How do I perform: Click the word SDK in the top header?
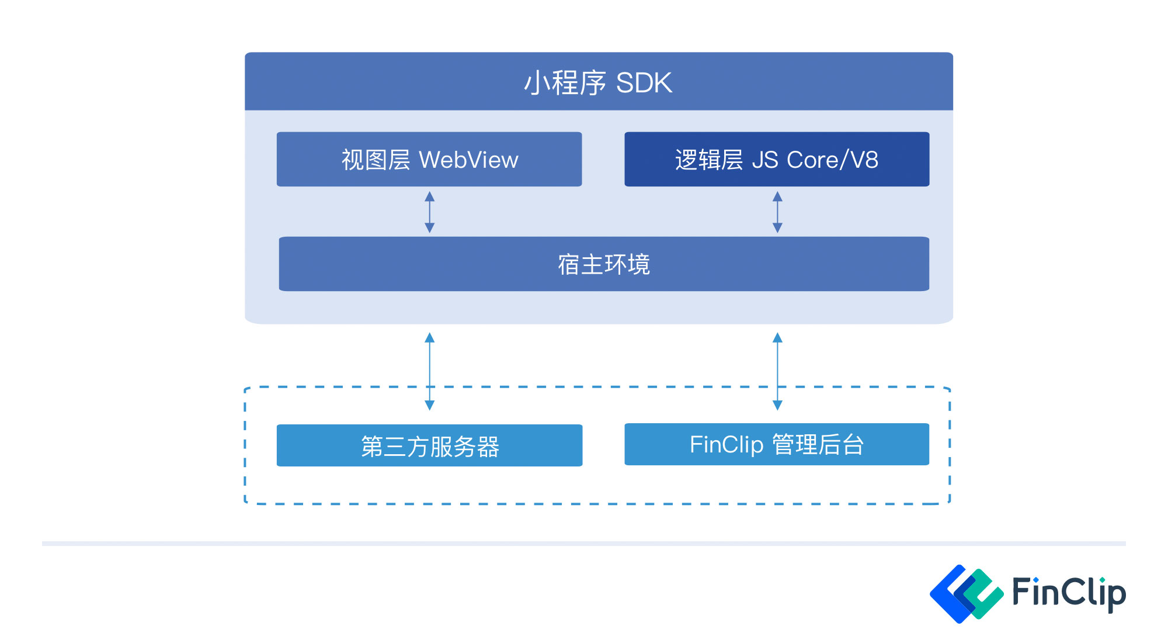644,83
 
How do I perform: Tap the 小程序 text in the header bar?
565,83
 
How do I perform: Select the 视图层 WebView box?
429,160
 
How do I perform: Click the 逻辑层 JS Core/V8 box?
777,160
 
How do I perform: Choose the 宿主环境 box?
604,264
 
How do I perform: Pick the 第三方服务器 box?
429,446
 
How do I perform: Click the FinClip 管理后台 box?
777,445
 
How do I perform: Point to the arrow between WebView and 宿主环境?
430,212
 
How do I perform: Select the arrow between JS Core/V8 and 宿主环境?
777,212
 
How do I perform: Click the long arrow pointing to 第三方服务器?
430,371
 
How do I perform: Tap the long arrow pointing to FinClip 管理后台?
777,371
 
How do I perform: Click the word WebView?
468,160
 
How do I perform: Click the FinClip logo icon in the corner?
966,593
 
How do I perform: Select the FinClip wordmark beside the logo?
1068,593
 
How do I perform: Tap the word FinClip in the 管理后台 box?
726,445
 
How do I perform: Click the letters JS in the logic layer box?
765,160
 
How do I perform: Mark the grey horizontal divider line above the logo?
584,544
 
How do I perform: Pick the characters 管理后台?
818,445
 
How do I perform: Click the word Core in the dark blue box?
812,160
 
